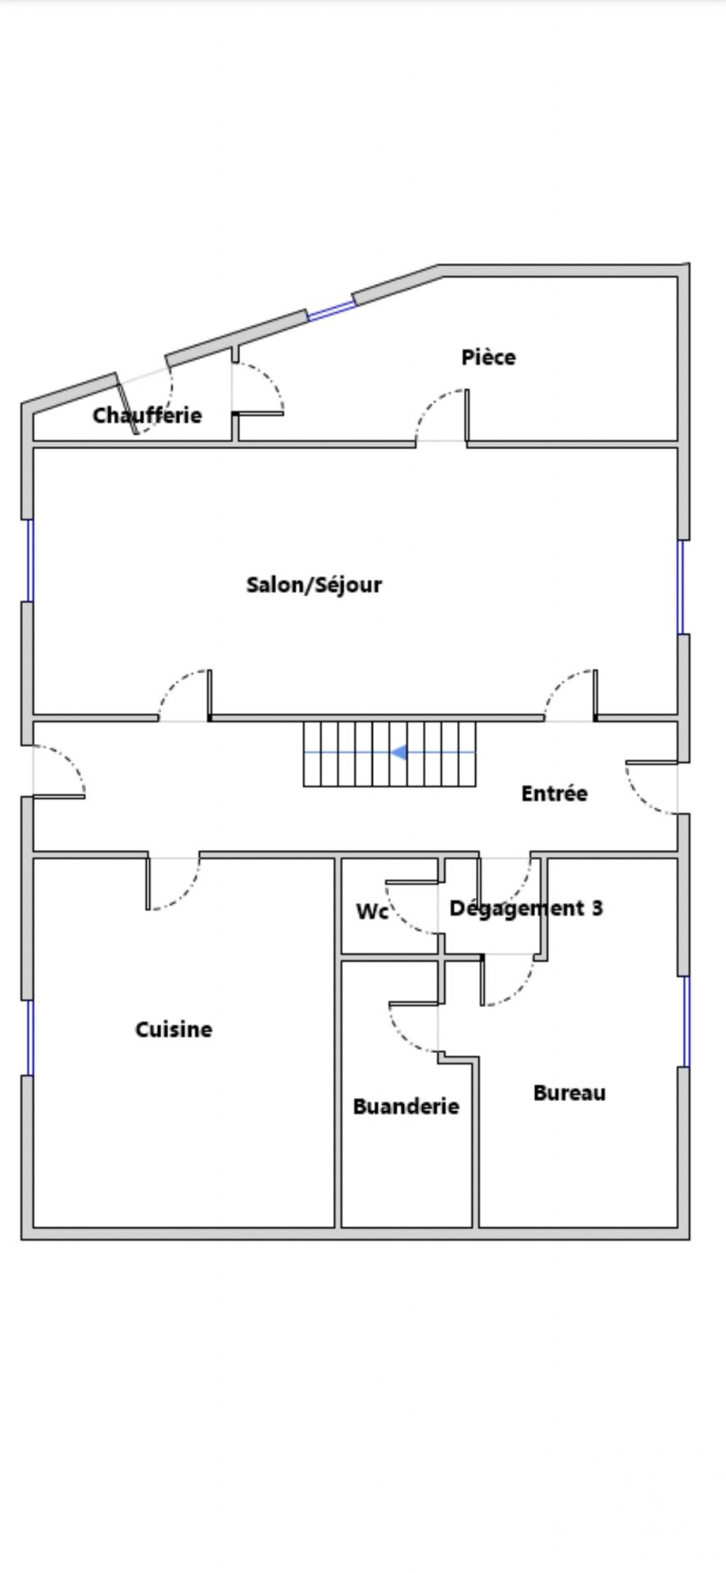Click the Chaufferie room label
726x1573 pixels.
click(x=147, y=415)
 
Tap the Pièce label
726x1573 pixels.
click(x=488, y=357)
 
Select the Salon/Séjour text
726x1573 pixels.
click(x=314, y=585)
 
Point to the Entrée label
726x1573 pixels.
click(x=554, y=793)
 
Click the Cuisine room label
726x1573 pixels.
click(x=174, y=1029)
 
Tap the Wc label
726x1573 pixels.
click(x=372, y=911)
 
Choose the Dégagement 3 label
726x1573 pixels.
click(x=526, y=908)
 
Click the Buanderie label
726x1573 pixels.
click(x=406, y=1106)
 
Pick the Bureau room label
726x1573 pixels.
click(x=569, y=1093)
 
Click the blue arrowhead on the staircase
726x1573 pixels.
click(x=399, y=752)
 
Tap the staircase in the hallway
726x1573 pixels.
click(x=389, y=754)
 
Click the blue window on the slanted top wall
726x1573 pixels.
click(x=332, y=311)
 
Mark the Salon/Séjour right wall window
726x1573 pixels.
click(x=680, y=587)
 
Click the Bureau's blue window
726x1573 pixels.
click(x=687, y=1022)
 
